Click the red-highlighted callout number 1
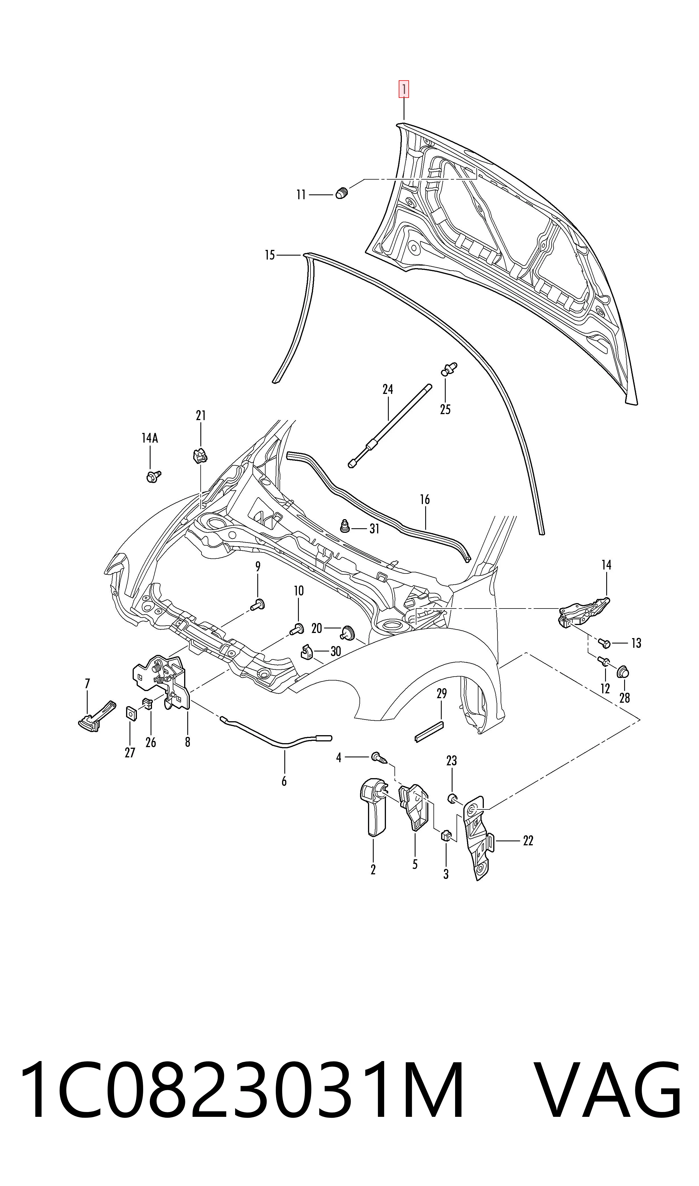point(404,89)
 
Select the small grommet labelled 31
point(344,525)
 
